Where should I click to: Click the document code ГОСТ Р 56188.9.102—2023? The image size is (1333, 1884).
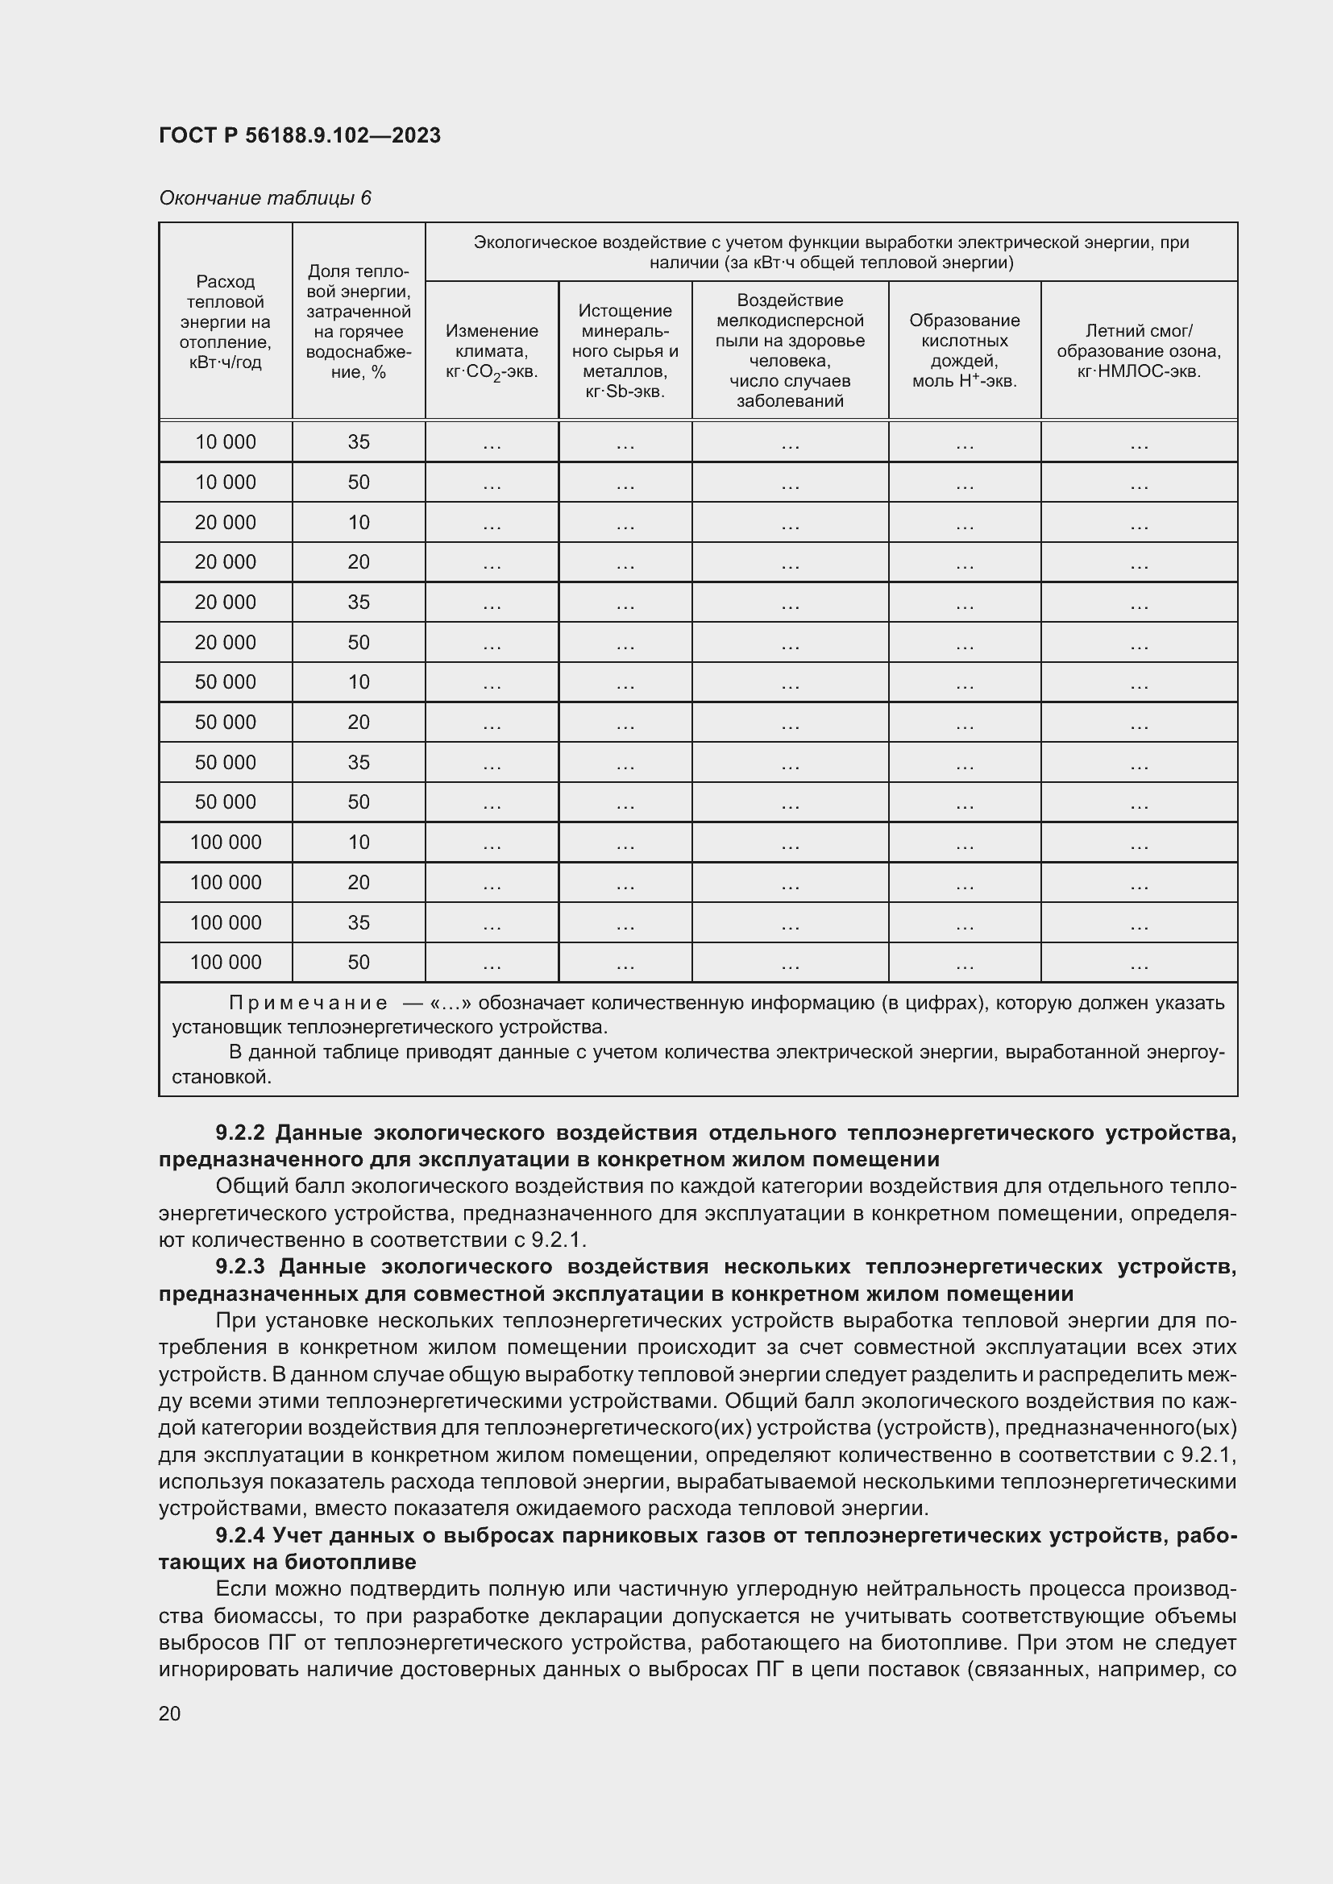click(x=300, y=135)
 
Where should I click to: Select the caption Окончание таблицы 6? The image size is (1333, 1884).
click(x=265, y=198)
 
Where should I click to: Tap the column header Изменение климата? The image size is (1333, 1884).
click(x=492, y=350)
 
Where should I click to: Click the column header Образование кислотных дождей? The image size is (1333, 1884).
click(x=964, y=350)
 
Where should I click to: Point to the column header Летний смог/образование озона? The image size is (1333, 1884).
click(x=1139, y=350)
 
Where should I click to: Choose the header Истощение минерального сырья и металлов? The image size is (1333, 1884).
click(x=625, y=350)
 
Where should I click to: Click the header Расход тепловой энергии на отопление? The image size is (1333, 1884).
click(x=225, y=321)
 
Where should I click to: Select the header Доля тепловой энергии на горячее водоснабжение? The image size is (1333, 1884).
click(x=358, y=321)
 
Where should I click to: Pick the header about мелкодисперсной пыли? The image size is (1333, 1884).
click(x=790, y=350)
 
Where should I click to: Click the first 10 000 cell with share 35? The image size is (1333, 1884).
click(x=225, y=441)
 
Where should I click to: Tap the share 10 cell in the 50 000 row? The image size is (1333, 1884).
click(x=358, y=682)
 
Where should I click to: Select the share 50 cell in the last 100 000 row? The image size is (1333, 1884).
click(x=358, y=962)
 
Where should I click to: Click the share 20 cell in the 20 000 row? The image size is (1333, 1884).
click(x=358, y=562)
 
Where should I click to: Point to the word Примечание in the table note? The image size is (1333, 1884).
click(x=308, y=1003)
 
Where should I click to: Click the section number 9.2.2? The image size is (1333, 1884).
click(x=240, y=1133)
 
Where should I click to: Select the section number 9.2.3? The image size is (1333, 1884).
click(x=240, y=1267)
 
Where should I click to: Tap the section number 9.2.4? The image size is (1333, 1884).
click(x=240, y=1534)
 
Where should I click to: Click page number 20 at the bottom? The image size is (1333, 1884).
click(x=170, y=1713)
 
